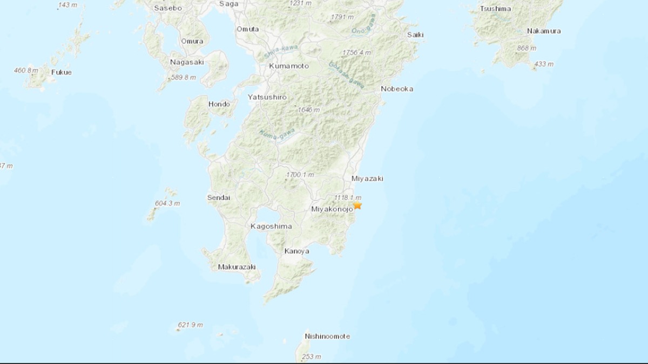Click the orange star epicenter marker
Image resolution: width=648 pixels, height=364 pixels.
pos(357,205)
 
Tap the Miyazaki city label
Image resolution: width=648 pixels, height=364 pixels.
pos(367,178)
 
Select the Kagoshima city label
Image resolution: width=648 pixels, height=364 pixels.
pos(271,226)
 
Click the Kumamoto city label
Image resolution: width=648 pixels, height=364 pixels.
pos(289,66)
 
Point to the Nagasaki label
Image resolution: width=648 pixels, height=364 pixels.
pos(186,62)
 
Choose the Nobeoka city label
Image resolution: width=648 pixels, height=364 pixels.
pos(397,88)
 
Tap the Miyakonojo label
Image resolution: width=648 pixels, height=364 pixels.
pos(332,209)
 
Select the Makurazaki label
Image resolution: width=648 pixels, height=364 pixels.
pos(237,267)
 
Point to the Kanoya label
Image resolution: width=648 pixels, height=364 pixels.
pos(297,251)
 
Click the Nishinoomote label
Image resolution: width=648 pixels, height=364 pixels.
pos(327,336)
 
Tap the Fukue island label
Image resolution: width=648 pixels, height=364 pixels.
pos(61,72)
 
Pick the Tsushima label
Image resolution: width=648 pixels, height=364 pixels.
pos(495,8)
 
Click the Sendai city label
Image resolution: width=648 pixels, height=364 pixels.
pos(219,198)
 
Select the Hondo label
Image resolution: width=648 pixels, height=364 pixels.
pos(219,104)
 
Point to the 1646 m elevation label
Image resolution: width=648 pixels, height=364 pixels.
pos(309,110)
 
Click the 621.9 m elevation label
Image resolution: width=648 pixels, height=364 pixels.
pos(190,325)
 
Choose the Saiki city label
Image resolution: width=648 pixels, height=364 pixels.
pos(416,35)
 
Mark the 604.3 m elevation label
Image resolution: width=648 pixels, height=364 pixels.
pos(167,203)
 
